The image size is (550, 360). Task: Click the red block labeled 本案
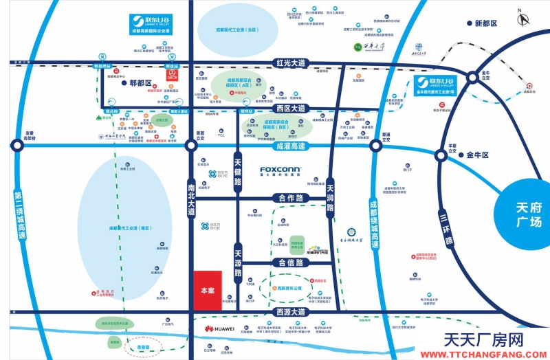click(x=207, y=291)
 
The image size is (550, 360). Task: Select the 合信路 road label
click(x=289, y=262)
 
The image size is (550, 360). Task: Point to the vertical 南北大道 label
click(x=191, y=200)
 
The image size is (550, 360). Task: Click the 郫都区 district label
click(x=141, y=83)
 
